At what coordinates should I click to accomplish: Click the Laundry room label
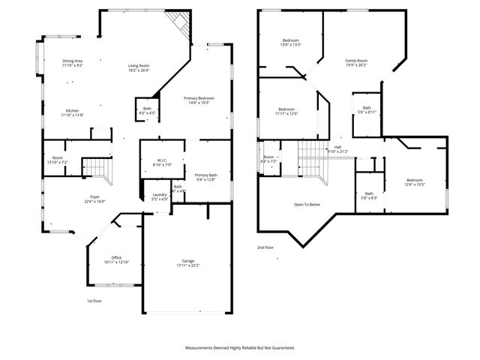click(159, 196)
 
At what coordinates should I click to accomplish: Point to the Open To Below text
click(307, 204)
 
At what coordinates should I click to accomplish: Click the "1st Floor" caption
click(94, 301)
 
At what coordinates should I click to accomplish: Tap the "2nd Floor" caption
click(265, 247)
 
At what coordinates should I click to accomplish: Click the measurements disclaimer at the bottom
click(240, 348)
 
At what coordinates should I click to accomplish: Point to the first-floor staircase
click(97, 169)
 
